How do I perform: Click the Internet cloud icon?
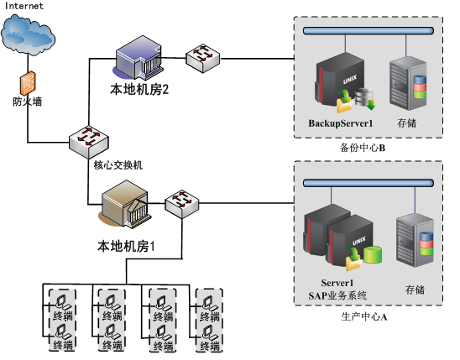[x=28, y=34]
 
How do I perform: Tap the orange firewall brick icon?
[x=28, y=83]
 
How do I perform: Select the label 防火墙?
[x=28, y=102]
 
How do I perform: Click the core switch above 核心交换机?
[x=89, y=142]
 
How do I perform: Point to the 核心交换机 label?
[x=118, y=165]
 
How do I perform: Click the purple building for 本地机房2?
[x=139, y=58]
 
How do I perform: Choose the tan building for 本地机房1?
[x=125, y=204]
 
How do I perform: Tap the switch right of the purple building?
[x=202, y=59]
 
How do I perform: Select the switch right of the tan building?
[x=182, y=203]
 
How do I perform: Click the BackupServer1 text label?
[x=341, y=123]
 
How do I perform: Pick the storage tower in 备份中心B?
[x=408, y=84]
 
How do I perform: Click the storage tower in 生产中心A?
[x=415, y=240]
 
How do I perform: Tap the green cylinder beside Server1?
[x=373, y=254]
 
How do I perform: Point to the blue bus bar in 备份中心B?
[x=369, y=31]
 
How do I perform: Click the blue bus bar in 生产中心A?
[x=369, y=183]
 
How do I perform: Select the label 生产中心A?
[x=364, y=316]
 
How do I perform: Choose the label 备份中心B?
[x=363, y=148]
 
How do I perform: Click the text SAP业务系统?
[x=337, y=295]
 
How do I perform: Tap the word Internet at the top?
[x=24, y=6]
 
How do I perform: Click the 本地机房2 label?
[x=139, y=90]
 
